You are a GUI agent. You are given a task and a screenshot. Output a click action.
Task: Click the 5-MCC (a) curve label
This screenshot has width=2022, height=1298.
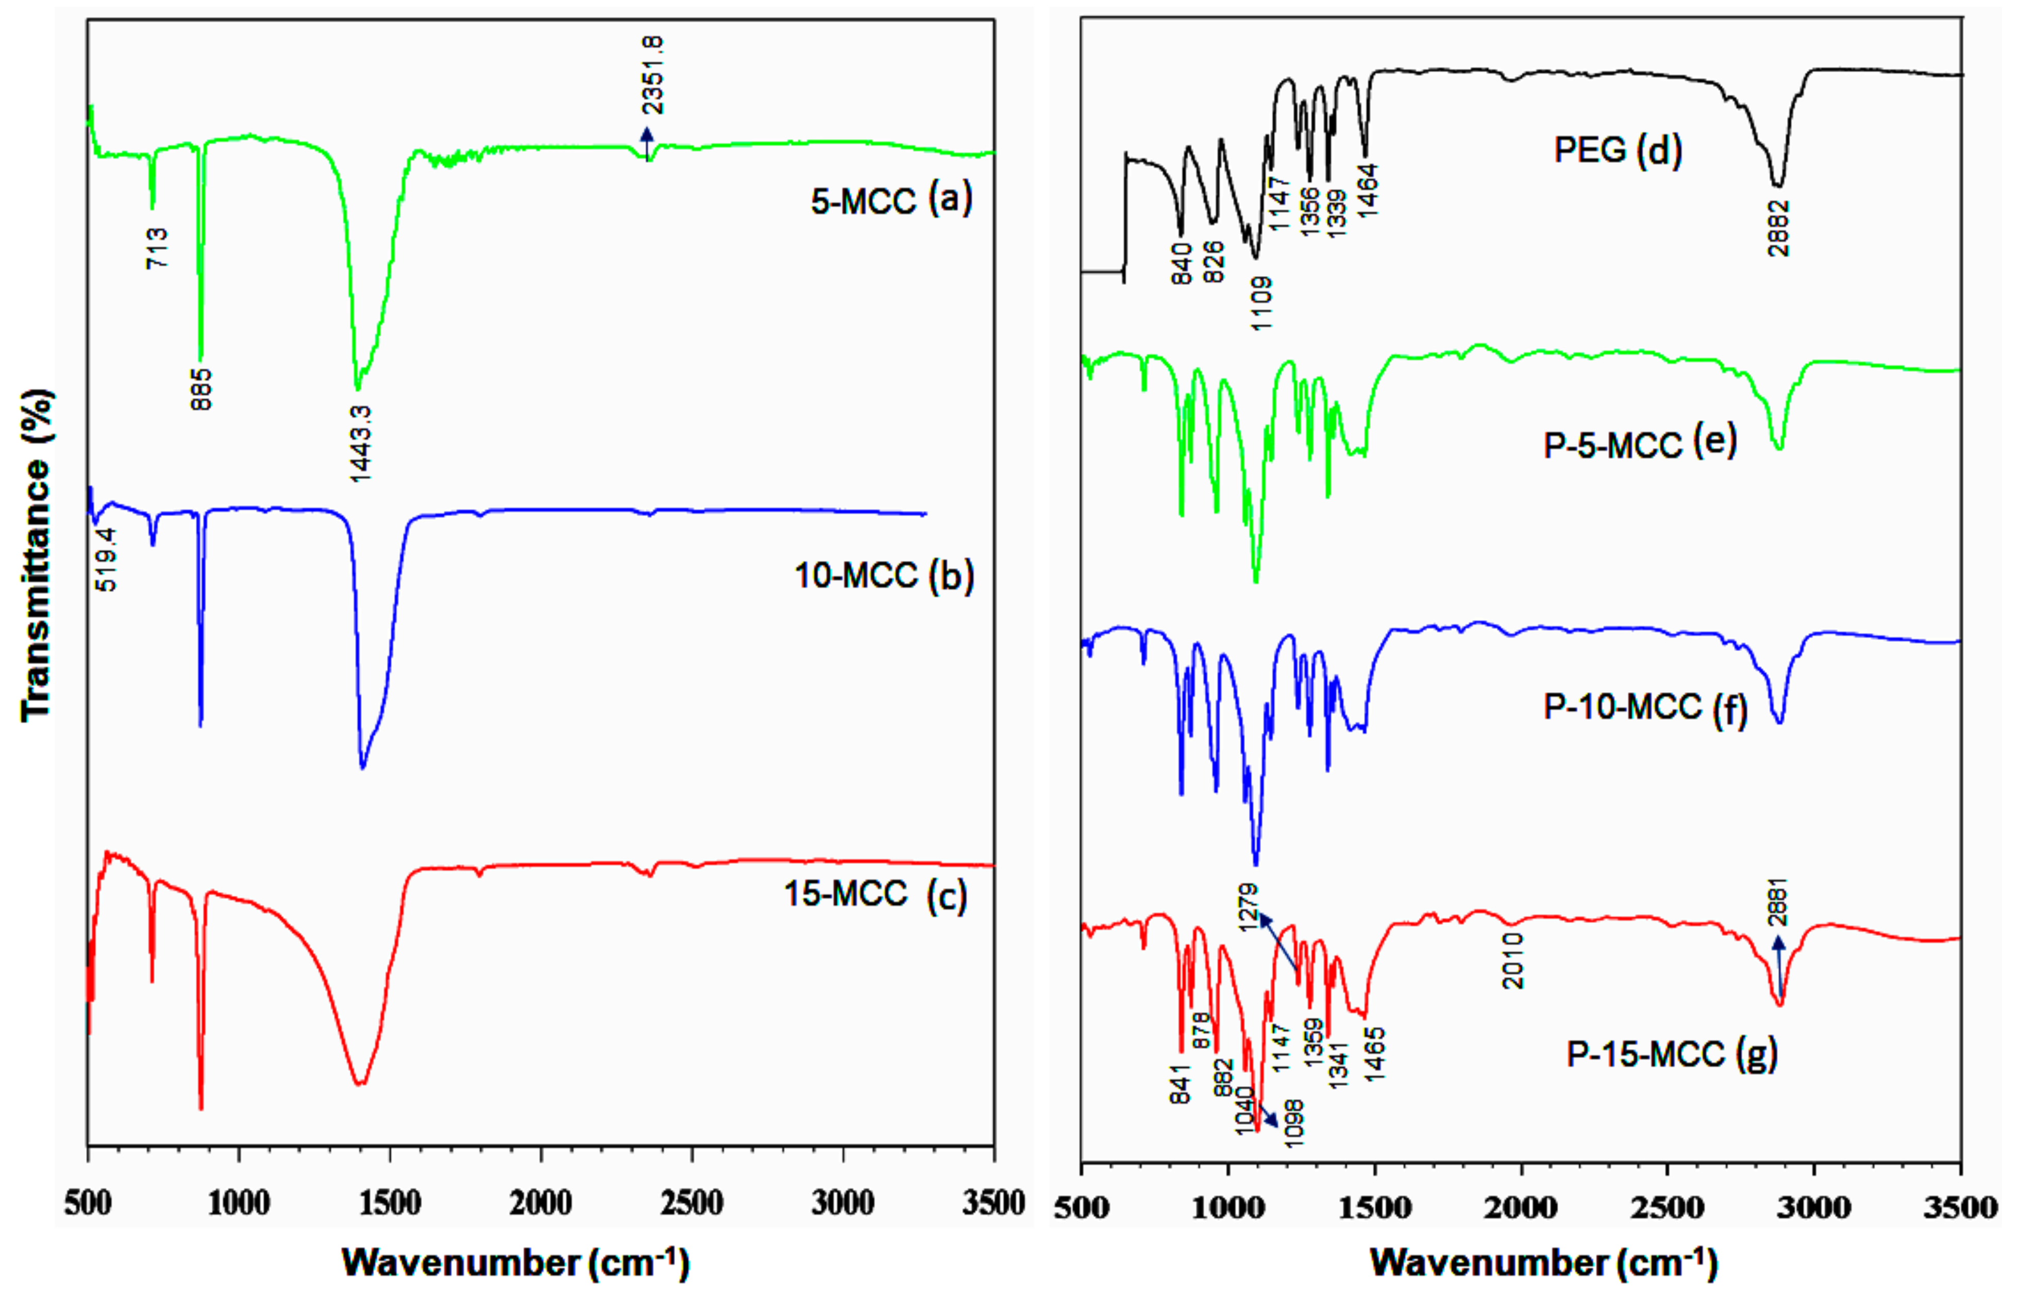[x=891, y=200]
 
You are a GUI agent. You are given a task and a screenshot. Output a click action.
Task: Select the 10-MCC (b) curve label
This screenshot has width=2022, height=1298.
[x=884, y=576]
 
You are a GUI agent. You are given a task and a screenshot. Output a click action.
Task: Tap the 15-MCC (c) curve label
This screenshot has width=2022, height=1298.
[x=875, y=894]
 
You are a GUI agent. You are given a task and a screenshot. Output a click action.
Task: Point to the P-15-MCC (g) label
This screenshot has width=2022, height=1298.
[x=1671, y=1053]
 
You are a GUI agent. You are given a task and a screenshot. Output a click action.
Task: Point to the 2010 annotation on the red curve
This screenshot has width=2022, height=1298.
[x=1513, y=961]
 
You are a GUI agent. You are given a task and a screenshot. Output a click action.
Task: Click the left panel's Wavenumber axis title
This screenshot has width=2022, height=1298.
[x=516, y=1262]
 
